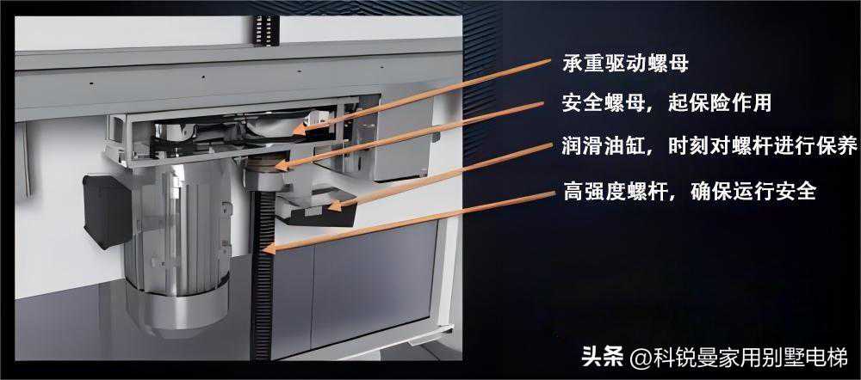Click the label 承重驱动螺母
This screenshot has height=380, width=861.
click(x=625, y=64)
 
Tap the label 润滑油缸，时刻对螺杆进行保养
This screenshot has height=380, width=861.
click(x=710, y=146)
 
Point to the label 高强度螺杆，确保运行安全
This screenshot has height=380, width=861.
click(x=689, y=191)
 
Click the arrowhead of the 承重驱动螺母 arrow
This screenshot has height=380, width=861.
click(x=298, y=130)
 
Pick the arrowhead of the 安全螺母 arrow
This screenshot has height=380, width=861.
click(x=280, y=164)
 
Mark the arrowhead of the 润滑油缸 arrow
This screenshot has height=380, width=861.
click(x=333, y=205)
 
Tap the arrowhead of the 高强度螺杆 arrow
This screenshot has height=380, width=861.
click(x=269, y=249)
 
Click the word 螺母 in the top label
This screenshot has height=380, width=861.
click(x=668, y=64)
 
